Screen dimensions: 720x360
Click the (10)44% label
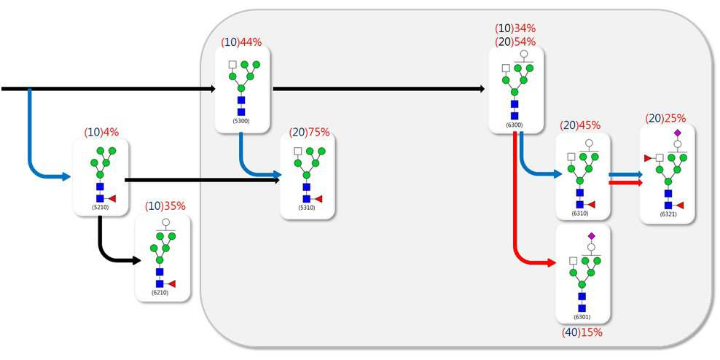click(241, 42)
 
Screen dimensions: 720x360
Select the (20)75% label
click(310, 132)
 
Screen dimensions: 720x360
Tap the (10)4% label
click(101, 132)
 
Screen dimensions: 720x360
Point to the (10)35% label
click(165, 206)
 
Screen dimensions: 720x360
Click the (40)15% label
click(582, 332)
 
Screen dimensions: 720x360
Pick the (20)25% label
click(665, 118)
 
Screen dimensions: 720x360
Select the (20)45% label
click(580, 125)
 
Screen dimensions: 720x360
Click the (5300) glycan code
click(241, 121)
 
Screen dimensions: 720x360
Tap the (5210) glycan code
click(100, 207)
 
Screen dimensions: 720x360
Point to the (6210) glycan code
click(160, 292)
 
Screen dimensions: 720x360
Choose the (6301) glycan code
click(582, 317)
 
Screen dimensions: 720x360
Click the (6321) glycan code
click(668, 214)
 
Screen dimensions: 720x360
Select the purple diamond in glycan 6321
click(677, 133)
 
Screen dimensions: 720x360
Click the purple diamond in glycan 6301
click(592, 235)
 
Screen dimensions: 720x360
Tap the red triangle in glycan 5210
click(111, 198)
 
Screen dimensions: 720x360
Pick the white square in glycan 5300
click(232, 64)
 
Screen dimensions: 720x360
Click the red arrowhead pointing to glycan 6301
click(552, 263)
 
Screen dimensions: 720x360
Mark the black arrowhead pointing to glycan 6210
click(137, 260)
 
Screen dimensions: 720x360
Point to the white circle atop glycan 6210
click(165, 222)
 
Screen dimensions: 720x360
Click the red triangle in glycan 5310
click(318, 199)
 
